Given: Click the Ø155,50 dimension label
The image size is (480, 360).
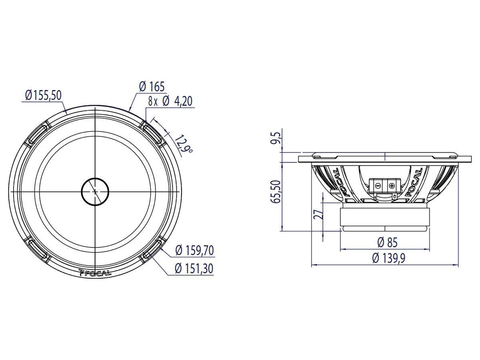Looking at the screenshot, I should (43, 95).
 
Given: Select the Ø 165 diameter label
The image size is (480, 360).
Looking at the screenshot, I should (152, 86).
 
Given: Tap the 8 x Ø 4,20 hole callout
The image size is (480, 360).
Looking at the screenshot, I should (170, 101).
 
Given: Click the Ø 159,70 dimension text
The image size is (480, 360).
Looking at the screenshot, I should (194, 251).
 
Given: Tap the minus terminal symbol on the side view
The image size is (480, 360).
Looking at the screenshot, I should (377, 185).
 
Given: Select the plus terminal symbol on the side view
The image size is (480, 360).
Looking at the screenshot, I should (391, 185).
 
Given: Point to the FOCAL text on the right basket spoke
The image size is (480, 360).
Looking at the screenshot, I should (415, 182).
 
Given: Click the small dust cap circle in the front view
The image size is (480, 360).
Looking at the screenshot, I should (95, 192).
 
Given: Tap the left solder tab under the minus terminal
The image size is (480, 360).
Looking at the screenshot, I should (375, 197).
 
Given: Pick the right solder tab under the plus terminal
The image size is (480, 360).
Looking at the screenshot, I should (394, 197).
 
